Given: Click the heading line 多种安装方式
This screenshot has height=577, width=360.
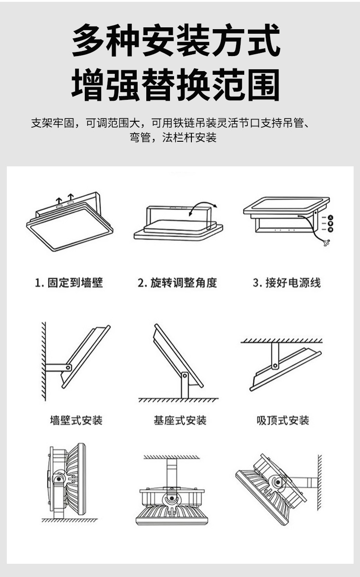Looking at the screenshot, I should click(176, 41).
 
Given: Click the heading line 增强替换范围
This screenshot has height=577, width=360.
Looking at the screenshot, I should click(176, 85).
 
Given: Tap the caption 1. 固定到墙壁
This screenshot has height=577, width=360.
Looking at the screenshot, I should click(69, 283).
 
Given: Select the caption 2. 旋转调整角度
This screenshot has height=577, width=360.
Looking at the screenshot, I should click(177, 283).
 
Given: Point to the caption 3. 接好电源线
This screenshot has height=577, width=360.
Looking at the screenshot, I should click(287, 283).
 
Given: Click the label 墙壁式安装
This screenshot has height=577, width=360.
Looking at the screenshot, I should click(76, 420).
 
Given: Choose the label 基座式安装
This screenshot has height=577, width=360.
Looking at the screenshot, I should click(180, 420).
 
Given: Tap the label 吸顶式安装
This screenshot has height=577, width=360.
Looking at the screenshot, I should click(283, 420).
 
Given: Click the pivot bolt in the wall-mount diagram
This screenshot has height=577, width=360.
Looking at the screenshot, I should click(68, 367).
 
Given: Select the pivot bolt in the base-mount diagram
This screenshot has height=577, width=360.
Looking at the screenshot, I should click(185, 376).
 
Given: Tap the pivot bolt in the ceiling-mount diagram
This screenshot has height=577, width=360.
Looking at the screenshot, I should click(275, 365).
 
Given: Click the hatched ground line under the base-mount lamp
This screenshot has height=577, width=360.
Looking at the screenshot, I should click(178, 400).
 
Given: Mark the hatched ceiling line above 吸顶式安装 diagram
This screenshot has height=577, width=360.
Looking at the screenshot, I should click(281, 340).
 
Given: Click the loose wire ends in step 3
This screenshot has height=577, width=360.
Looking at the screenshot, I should click(326, 243).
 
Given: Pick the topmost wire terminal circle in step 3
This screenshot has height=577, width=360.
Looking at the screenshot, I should click(330, 217).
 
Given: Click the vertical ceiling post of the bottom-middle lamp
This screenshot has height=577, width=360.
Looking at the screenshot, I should click(171, 472).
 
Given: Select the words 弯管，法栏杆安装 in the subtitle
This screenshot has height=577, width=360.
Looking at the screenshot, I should click(173, 138).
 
